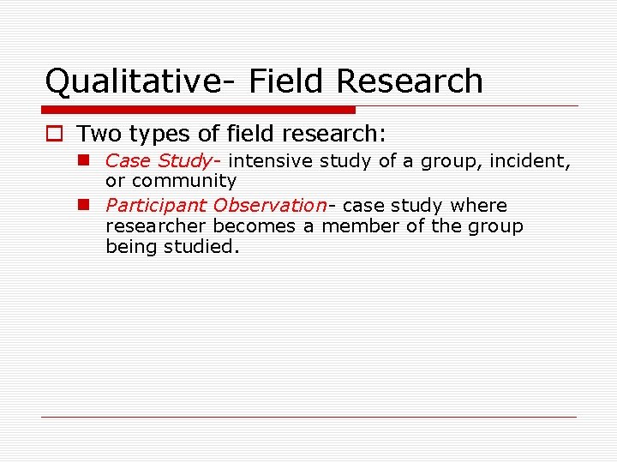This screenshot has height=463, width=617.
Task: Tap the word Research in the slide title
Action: pyautogui.click(x=410, y=81)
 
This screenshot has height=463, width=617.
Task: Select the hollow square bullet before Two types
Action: pyautogui.click(x=54, y=134)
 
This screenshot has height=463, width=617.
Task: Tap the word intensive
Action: pyautogui.click(x=269, y=160)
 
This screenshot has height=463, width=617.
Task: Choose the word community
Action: pyautogui.click(x=183, y=181)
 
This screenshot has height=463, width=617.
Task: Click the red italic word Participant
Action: pyautogui.click(x=155, y=206)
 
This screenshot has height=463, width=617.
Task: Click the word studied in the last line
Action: pyautogui.click(x=206, y=247)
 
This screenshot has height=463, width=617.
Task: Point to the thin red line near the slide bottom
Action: pyautogui.click(x=308, y=417)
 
